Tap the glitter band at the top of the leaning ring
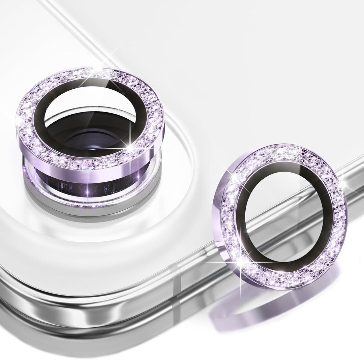tap(290, 155)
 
